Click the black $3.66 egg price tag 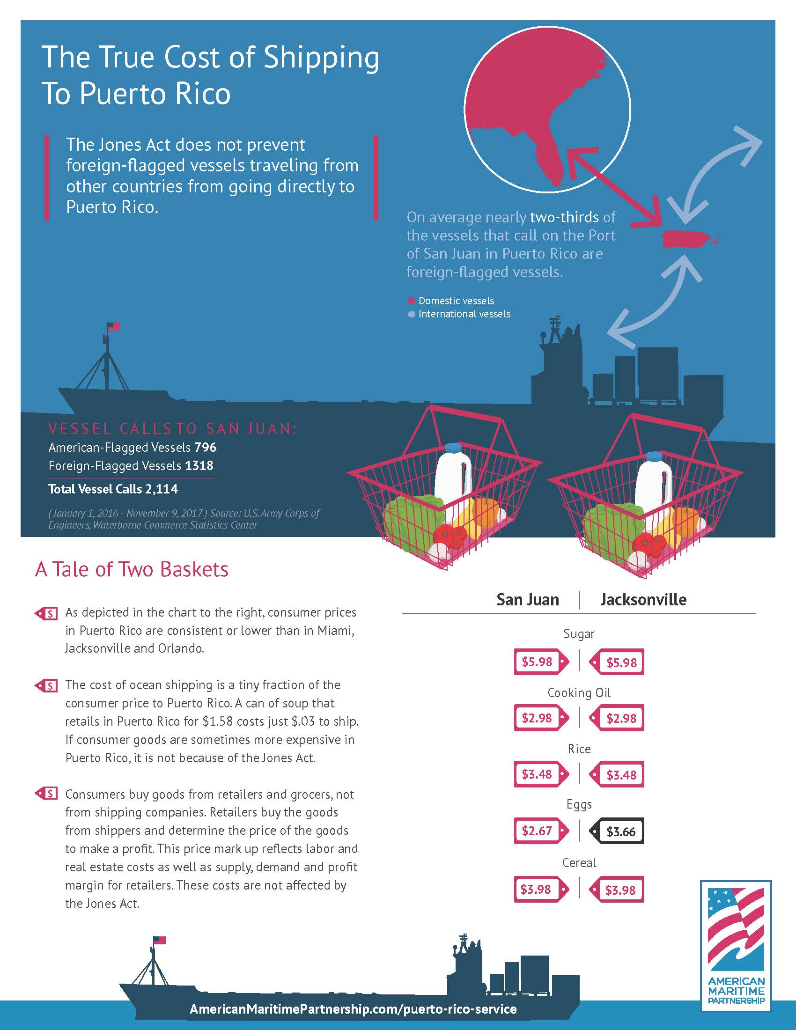(617, 831)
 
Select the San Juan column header (528, 599)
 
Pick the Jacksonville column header (643, 599)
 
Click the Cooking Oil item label (579, 693)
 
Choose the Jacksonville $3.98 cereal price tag (617, 890)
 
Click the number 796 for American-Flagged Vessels (205, 447)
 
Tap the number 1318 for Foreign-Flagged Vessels (199, 465)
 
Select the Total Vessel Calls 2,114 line (113, 489)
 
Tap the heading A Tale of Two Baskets (132, 569)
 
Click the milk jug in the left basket (452, 471)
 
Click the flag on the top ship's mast (114, 326)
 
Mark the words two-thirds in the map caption (564, 217)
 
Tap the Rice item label (579, 749)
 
